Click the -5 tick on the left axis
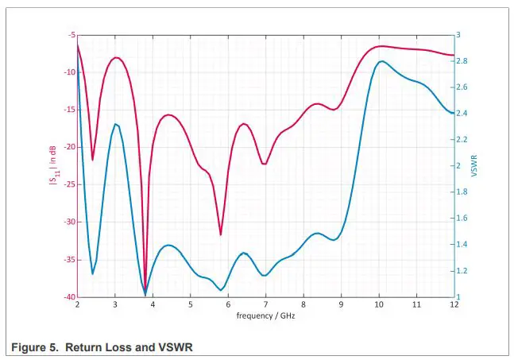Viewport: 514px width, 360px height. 71,35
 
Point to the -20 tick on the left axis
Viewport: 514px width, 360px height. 69,147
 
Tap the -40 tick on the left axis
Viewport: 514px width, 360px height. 69,297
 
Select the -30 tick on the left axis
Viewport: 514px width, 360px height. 69,222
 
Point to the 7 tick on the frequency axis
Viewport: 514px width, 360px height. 265,304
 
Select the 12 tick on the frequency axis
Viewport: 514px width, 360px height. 454,304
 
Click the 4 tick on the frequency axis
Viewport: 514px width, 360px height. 153,304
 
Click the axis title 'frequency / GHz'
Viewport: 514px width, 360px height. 265,315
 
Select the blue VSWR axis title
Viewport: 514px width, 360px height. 474,165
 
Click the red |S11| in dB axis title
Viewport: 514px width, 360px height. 52,165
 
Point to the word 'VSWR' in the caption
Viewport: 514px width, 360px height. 176,346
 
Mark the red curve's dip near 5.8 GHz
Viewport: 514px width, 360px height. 221,234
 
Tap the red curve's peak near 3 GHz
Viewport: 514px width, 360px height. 116,57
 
